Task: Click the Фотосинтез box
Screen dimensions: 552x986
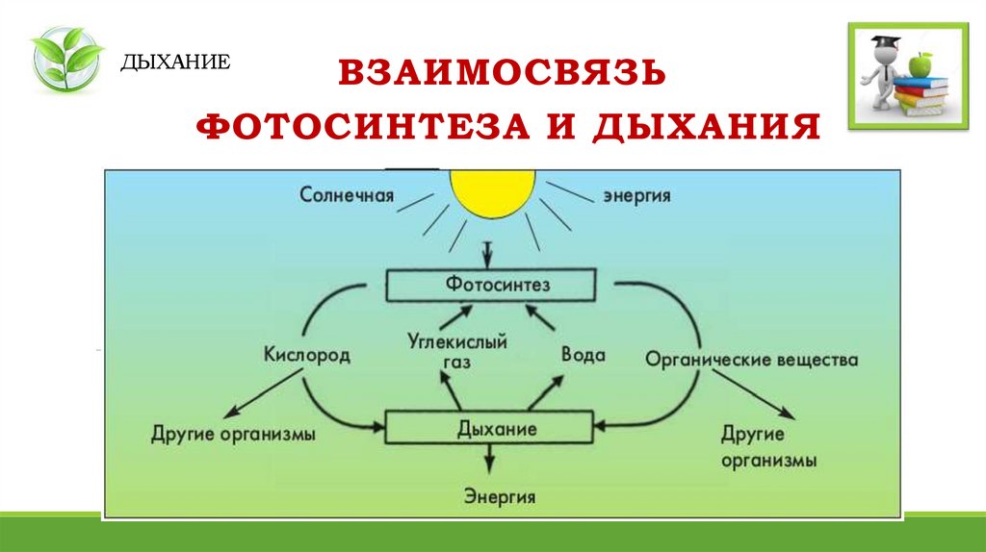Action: click(491, 285)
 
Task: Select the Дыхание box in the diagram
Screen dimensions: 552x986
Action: click(491, 427)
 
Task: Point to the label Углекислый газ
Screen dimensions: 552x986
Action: click(459, 349)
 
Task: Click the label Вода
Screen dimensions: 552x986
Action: click(583, 355)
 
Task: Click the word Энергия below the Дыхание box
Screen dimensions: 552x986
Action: click(500, 497)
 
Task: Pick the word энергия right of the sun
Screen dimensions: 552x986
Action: click(636, 195)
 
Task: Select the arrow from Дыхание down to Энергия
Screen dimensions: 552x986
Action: click(492, 460)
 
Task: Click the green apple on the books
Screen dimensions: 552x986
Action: click(921, 64)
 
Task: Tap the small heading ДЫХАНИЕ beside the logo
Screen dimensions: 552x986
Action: click(175, 63)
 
